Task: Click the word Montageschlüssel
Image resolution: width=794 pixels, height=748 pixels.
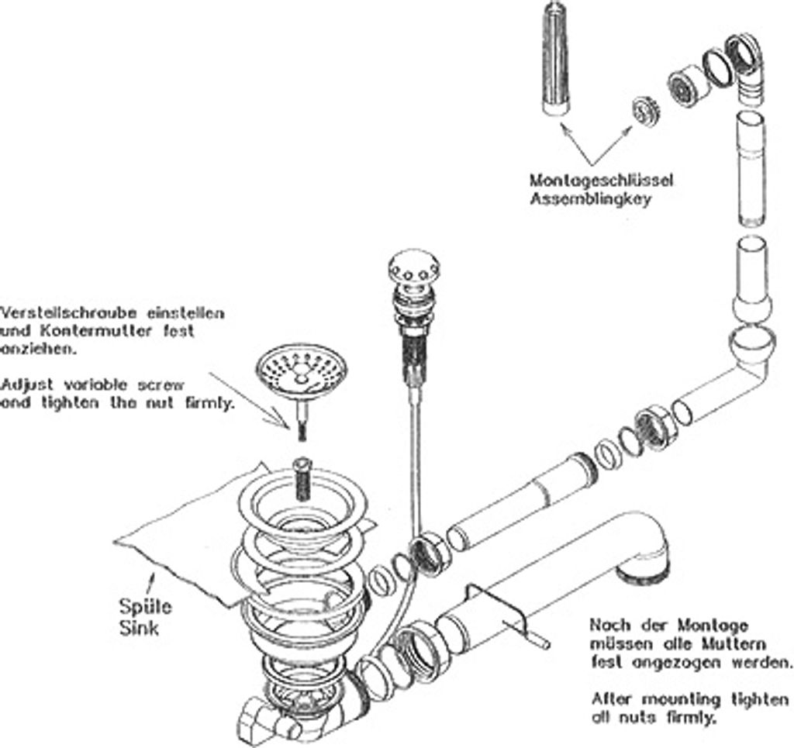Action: click(x=602, y=180)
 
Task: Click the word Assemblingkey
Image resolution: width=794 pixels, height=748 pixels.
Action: click(x=590, y=198)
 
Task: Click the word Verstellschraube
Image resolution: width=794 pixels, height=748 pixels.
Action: click(x=68, y=313)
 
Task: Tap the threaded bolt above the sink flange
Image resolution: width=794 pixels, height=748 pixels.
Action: click(x=302, y=478)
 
